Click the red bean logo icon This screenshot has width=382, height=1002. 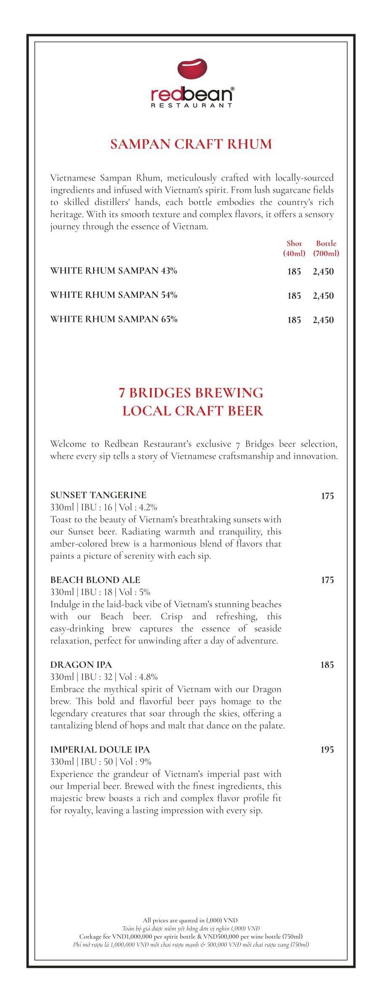pyautogui.click(x=192, y=69)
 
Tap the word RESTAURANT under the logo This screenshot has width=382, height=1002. pyautogui.click(x=192, y=105)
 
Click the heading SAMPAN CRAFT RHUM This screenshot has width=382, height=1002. pyautogui.click(x=191, y=144)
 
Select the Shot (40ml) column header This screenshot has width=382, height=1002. pyautogui.click(x=294, y=248)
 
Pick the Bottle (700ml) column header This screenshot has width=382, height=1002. pyautogui.click(x=326, y=248)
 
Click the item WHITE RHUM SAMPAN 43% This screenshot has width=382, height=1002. pyautogui.click(x=114, y=271)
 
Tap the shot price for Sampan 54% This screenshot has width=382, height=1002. pyautogui.click(x=294, y=296)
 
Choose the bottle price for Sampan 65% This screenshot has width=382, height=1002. pyautogui.click(x=323, y=320)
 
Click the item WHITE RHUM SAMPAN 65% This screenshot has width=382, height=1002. pyautogui.click(x=114, y=319)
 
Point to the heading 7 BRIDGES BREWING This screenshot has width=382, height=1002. pyautogui.click(x=191, y=393)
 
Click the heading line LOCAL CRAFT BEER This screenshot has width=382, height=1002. pyautogui.click(x=192, y=411)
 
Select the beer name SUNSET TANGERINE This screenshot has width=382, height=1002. pyautogui.click(x=98, y=495)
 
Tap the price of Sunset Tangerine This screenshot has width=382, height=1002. pyautogui.click(x=327, y=496)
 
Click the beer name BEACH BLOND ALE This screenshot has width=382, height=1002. pyautogui.click(x=95, y=580)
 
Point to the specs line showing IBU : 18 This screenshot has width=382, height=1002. pyautogui.click(x=100, y=592)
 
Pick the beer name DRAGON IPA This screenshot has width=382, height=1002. pyautogui.click(x=81, y=665)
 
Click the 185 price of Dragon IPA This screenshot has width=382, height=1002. pyautogui.click(x=327, y=665)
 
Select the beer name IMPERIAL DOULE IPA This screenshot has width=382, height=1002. pyautogui.click(x=100, y=750)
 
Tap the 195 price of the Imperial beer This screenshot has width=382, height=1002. pyautogui.click(x=327, y=750)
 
